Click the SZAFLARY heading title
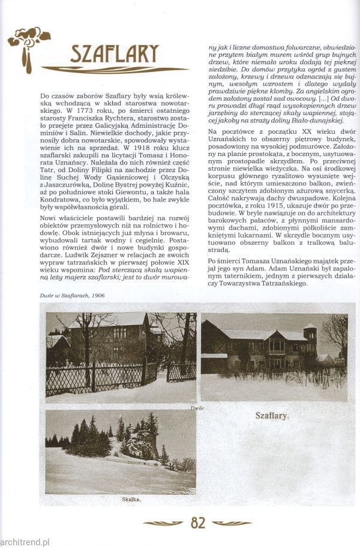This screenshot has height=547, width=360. pos(114,54)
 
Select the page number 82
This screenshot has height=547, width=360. pos(198,522)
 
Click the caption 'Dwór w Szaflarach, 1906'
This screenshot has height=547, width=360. pos(72,294)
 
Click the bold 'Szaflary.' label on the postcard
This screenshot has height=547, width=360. pos(272,414)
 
